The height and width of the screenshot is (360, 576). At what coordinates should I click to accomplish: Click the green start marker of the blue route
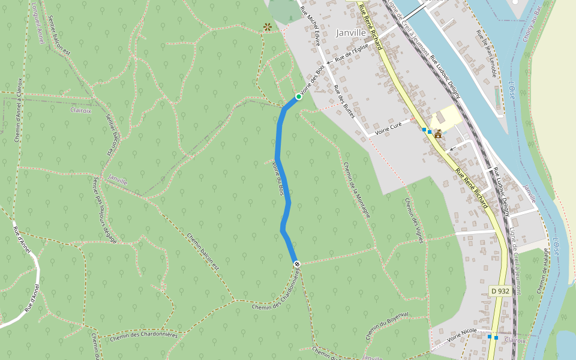(298, 97)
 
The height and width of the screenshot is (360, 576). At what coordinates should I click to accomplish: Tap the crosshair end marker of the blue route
(296, 264)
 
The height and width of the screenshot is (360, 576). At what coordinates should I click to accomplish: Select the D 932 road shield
(500, 291)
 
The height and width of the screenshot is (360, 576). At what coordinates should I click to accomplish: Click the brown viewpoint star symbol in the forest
(267, 27)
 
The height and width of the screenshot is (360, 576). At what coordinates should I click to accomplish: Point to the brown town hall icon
(438, 133)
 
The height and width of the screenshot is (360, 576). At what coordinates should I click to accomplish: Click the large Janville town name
(351, 32)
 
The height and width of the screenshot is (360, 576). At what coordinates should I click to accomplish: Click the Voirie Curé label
(387, 128)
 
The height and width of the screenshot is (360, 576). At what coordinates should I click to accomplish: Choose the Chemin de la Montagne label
(358, 190)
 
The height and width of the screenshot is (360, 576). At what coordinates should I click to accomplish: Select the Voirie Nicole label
(462, 334)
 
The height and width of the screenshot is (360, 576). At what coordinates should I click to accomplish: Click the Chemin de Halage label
(542, 271)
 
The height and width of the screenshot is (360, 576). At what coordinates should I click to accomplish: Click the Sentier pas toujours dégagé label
(104, 209)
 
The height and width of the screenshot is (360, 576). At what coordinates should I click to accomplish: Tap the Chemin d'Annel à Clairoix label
(19, 110)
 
